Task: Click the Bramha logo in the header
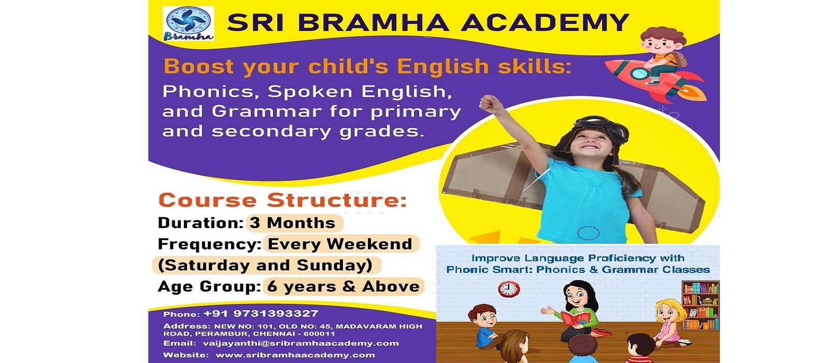coord(189,23)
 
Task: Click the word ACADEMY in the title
coord(545,22)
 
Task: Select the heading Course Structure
coord(283,200)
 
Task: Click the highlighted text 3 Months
coord(292,223)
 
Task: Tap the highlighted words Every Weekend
coord(340,244)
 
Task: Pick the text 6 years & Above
coord(344,287)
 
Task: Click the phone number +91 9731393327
coord(261,314)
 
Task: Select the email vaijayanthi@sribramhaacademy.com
coord(301,343)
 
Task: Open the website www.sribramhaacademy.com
coord(295,355)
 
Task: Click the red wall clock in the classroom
coord(509,289)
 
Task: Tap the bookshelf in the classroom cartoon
coord(700,305)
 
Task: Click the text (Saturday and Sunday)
coord(265,266)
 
